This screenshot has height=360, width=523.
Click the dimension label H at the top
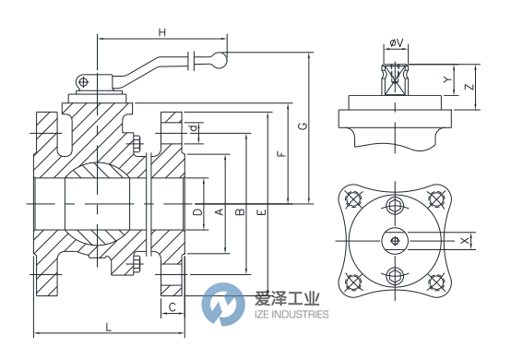click(x=162, y=33)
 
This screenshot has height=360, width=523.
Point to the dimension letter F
click(x=281, y=154)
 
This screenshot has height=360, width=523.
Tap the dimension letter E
click(x=261, y=213)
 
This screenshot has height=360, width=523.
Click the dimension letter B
click(x=240, y=213)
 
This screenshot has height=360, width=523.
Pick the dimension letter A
click(x=219, y=212)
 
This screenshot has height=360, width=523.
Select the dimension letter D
click(x=196, y=212)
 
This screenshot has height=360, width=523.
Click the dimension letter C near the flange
click(x=172, y=306)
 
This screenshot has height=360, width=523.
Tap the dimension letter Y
click(x=447, y=80)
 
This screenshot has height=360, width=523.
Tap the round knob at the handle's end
click(x=215, y=61)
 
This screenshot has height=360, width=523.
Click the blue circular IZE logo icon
click(x=221, y=305)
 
